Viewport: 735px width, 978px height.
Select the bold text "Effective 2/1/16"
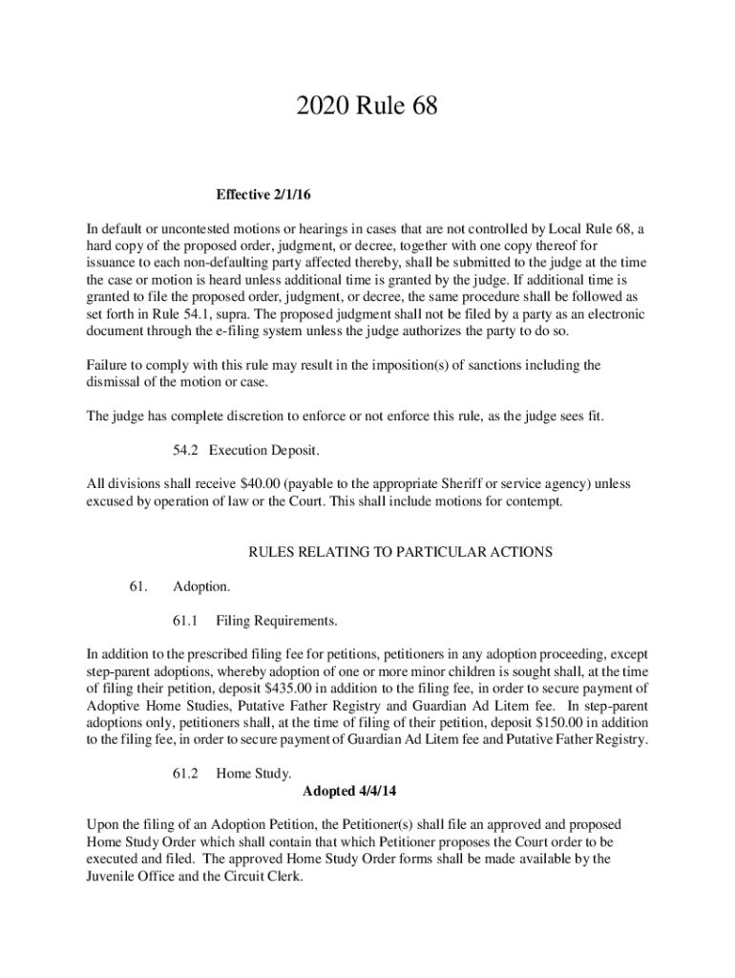tap(264, 195)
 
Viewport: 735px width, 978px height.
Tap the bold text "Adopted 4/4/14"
tap(348, 791)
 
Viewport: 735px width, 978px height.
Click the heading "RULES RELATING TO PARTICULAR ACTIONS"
tap(401, 552)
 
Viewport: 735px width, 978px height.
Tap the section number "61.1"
tap(184, 622)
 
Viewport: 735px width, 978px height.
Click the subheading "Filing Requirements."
tap(277, 622)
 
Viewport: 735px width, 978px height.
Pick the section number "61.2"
tap(184, 774)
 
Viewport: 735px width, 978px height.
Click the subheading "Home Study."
tap(253, 774)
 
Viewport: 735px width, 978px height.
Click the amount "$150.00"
tap(556, 723)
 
